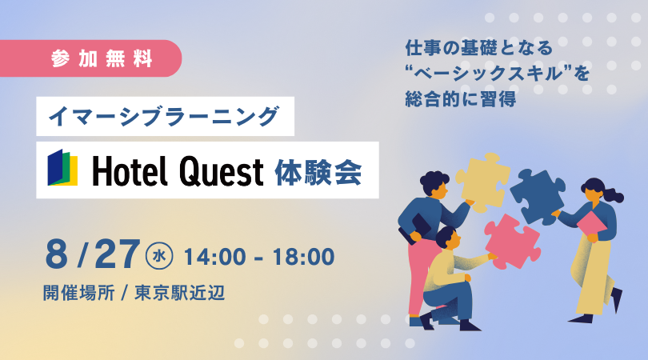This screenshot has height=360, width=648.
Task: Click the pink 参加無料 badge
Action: click(91, 58)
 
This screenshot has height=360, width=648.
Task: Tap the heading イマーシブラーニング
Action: click(164, 116)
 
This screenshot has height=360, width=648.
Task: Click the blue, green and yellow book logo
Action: click(62, 167)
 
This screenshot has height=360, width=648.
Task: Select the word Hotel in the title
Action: click(130, 170)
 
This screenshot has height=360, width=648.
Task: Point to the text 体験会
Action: click(318, 171)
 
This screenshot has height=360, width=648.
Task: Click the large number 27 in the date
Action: click(117, 254)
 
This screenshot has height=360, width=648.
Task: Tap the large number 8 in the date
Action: click(57, 254)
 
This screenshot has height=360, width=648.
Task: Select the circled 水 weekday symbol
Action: click(159, 256)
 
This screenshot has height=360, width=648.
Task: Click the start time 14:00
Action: click(215, 257)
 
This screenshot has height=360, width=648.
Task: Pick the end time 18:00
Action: click(303, 257)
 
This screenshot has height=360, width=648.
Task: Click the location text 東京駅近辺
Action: click(180, 293)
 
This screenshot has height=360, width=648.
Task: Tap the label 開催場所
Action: click(79, 293)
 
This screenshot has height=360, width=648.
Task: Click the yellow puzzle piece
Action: click(482, 182)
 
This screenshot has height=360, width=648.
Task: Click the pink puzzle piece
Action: click(512, 242)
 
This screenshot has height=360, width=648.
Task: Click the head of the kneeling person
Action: click(447, 238)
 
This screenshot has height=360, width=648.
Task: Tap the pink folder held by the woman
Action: click(591, 224)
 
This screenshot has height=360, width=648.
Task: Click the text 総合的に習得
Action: click(460, 99)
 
